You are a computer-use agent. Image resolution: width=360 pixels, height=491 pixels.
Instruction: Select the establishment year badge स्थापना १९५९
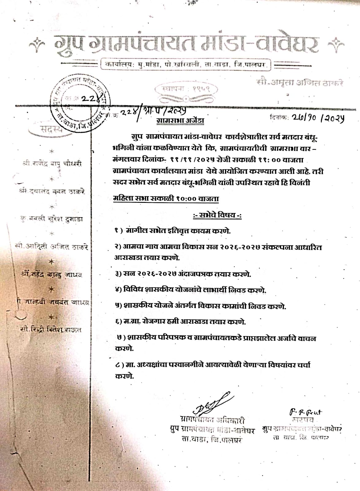click(x=187, y=89)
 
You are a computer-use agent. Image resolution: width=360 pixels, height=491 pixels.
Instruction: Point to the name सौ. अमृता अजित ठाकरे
click(x=300, y=83)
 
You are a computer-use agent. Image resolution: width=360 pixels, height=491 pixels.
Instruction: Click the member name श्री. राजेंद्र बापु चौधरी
click(x=52, y=164)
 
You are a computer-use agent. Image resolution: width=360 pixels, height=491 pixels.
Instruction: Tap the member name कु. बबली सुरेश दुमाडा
click(x=52, y=219)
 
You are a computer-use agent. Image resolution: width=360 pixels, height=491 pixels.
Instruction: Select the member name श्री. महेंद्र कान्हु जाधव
click(x=52, y=275)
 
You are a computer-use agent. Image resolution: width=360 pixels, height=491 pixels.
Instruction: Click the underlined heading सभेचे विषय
click(x=217, y=215)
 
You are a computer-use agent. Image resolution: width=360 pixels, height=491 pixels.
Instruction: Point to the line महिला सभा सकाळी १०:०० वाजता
click(x=166, y=199)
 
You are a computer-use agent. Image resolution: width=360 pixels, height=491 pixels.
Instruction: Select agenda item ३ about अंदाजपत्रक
click(x=183, y=274)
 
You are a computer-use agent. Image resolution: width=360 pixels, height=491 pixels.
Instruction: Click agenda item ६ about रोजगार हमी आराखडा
click(x=180, y=322)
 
